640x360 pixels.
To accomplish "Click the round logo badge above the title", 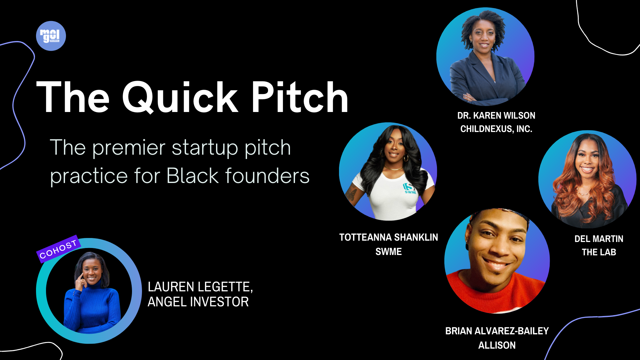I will click(x=51, y=36).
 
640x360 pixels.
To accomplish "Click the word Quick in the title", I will click(x=180, y=98).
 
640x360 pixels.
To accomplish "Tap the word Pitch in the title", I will click(x=299, y=98).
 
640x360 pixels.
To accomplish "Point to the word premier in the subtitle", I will click(x=129, y=148).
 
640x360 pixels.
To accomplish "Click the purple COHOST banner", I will click(x=58, y=249).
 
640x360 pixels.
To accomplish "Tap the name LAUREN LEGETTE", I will click(x=200, y=287).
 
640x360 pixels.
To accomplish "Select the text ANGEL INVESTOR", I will click(x=198, y=302).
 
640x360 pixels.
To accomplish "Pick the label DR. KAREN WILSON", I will click(x=496, y=116).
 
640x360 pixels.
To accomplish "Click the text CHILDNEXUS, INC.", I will click(x=496, y=129).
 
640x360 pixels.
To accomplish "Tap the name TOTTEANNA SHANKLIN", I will click(x=388, y=237).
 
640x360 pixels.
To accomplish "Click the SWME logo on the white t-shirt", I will click(x=410, y=188).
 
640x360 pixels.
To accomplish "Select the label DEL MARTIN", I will click(x=599, y=239).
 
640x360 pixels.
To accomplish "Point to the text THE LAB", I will click(x=599, y=252).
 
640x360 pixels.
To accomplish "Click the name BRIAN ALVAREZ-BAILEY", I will click(x=497, y=331).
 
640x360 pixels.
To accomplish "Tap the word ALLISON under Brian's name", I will click(x=497, y=345).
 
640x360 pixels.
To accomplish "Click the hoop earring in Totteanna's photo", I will click(x=406, y=158).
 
